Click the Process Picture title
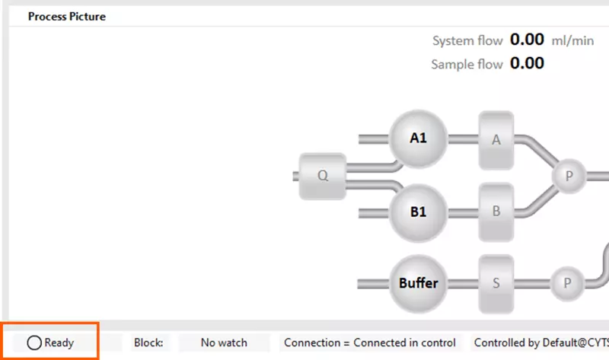click(67, 16)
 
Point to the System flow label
click(467, 40)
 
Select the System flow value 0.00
click(527, 40)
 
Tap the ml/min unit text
click(573, 40)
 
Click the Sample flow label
click(467, 64)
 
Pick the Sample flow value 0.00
click(527, 63)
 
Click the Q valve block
click(323, 175)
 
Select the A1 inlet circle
click(418, 139)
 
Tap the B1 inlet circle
click(418, 212)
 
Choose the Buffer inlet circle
click(419, 283)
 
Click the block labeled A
click(496, 139)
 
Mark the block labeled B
click(496, 212)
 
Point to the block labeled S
click(496, 283)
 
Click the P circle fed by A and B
click(568, 175)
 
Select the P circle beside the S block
click(568, 283)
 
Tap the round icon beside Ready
click(34, 342)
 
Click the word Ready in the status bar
click(59, 342)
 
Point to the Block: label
click(148, 342)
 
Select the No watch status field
click(224, 342)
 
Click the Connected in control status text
click(404, 342)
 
